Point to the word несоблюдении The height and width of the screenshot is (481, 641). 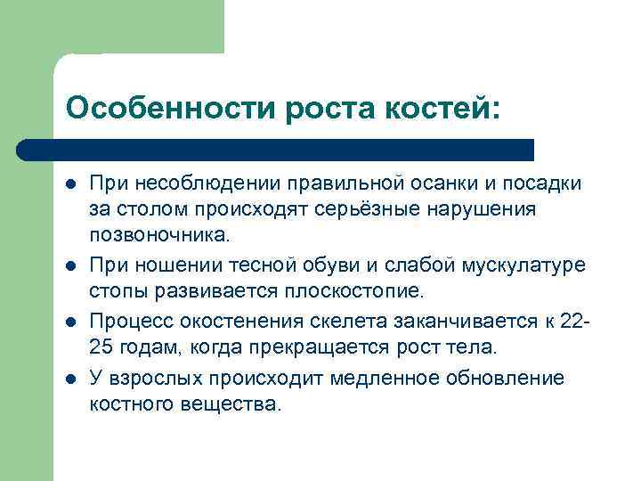(x=207, y=183)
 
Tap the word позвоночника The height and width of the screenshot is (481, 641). (x=158, y=236)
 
